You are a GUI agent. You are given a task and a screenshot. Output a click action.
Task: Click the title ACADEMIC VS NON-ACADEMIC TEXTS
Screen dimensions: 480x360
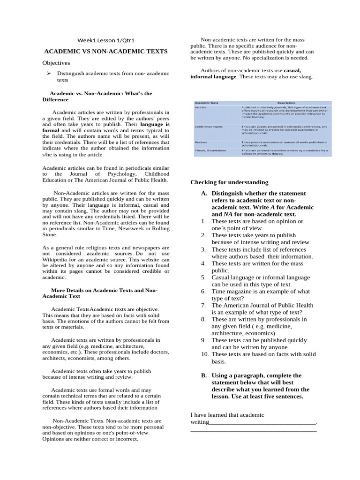point(105,51)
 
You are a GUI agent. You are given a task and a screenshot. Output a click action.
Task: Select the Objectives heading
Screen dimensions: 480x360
point(56,62)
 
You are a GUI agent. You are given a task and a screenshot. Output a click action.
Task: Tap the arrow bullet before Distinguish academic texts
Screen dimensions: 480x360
point(48,74)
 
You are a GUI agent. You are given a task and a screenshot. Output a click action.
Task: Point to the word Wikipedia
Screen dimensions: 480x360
point(59,259)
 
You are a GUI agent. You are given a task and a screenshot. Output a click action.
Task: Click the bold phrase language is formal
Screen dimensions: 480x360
point(144,125)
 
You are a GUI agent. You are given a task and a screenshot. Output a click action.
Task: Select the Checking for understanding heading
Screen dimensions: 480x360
point(229,182)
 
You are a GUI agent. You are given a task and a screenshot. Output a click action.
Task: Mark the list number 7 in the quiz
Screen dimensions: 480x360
point(203,305)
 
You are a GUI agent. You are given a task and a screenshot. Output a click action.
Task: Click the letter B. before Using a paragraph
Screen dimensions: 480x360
point(204,375)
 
